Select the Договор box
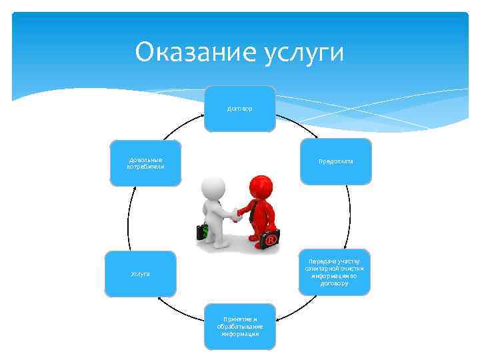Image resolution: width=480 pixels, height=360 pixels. click(239, 108)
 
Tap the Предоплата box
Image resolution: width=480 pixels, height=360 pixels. click(335, 161)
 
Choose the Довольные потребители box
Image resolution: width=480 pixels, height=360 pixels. click(145, 163)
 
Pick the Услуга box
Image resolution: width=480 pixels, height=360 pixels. click(140, 273)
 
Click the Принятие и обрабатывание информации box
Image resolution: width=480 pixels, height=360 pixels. click(239, 327)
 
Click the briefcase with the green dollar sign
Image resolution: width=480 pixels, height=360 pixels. click(203, 232)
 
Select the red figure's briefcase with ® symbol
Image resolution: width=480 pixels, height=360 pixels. click(270, 239)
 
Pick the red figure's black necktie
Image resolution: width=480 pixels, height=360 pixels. click(252, 212)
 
